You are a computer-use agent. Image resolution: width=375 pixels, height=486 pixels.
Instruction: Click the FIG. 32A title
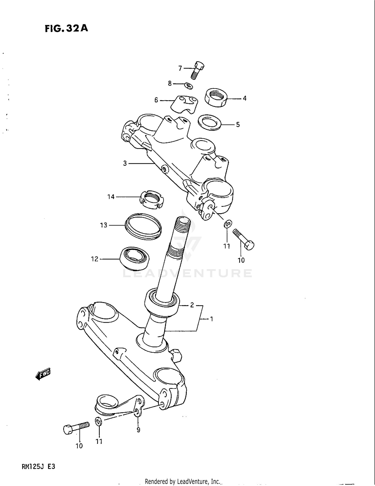tap(66, 28)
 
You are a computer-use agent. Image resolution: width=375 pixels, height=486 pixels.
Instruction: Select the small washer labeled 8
tap(189, 86)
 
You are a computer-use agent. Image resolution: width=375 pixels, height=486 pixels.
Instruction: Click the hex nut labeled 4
tap(216, 98)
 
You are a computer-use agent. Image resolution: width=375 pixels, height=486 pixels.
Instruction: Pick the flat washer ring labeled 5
tap(209, 122)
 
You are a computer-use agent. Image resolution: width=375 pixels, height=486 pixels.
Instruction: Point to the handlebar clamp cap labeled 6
tap(184, 104)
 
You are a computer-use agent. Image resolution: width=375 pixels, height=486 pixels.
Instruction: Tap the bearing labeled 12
tap(134, 258)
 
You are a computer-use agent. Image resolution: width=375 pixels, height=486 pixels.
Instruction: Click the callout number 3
tap(125, 163)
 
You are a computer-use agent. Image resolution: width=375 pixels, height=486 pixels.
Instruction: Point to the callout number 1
tap(211, 319)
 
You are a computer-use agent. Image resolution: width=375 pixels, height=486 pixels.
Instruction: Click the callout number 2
tap(192, 305)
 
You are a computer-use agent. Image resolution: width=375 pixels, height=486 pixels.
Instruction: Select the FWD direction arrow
tap(43, 374)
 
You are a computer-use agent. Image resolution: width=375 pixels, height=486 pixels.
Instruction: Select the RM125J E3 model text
tap(38, 467)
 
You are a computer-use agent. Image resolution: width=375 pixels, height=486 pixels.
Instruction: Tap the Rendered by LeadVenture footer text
tap(182, 481)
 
